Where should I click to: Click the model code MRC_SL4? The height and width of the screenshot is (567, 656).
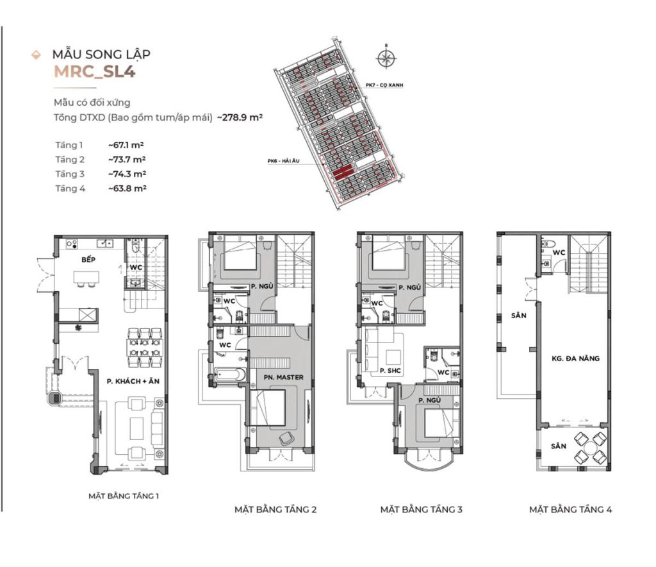(x=94, y=71)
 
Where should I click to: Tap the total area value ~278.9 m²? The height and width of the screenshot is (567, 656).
(x=241, y=118)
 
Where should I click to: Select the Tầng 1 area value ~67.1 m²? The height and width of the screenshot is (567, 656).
(x=127, y=146)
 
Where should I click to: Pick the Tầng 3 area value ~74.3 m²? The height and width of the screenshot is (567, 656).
(x=127, y=174)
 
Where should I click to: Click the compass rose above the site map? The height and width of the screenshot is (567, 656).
(x=386, y=58)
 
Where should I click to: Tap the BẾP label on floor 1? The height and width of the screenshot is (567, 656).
(x=88, y=261)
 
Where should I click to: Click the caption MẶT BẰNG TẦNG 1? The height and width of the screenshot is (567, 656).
(x=123, y=496)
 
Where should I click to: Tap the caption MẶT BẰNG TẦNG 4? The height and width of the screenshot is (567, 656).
(x=570, y=509)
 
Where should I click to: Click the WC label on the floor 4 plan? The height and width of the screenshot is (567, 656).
(x=559, y=253)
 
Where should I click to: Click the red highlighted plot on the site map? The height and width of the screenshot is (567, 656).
(x=343, y=171)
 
